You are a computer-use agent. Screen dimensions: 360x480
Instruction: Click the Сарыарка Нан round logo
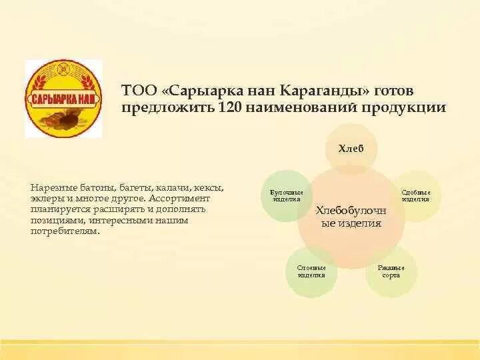tap(64, 99)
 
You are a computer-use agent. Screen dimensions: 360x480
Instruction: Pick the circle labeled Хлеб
tap(351, 147)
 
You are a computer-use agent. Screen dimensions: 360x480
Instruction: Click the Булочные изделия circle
tap(285, 195)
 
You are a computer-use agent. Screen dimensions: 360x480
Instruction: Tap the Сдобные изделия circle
tap(416, 195)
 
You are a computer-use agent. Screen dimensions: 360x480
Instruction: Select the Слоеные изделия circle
tap(311, 271)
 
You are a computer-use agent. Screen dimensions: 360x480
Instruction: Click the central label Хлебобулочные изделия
tap(351, 217)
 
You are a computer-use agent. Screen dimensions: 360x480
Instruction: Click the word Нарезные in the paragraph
tap(50, 188)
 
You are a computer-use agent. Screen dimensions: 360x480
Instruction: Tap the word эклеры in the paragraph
tap(45, 199)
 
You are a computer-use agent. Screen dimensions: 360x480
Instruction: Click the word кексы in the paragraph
tap(209, 188)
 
